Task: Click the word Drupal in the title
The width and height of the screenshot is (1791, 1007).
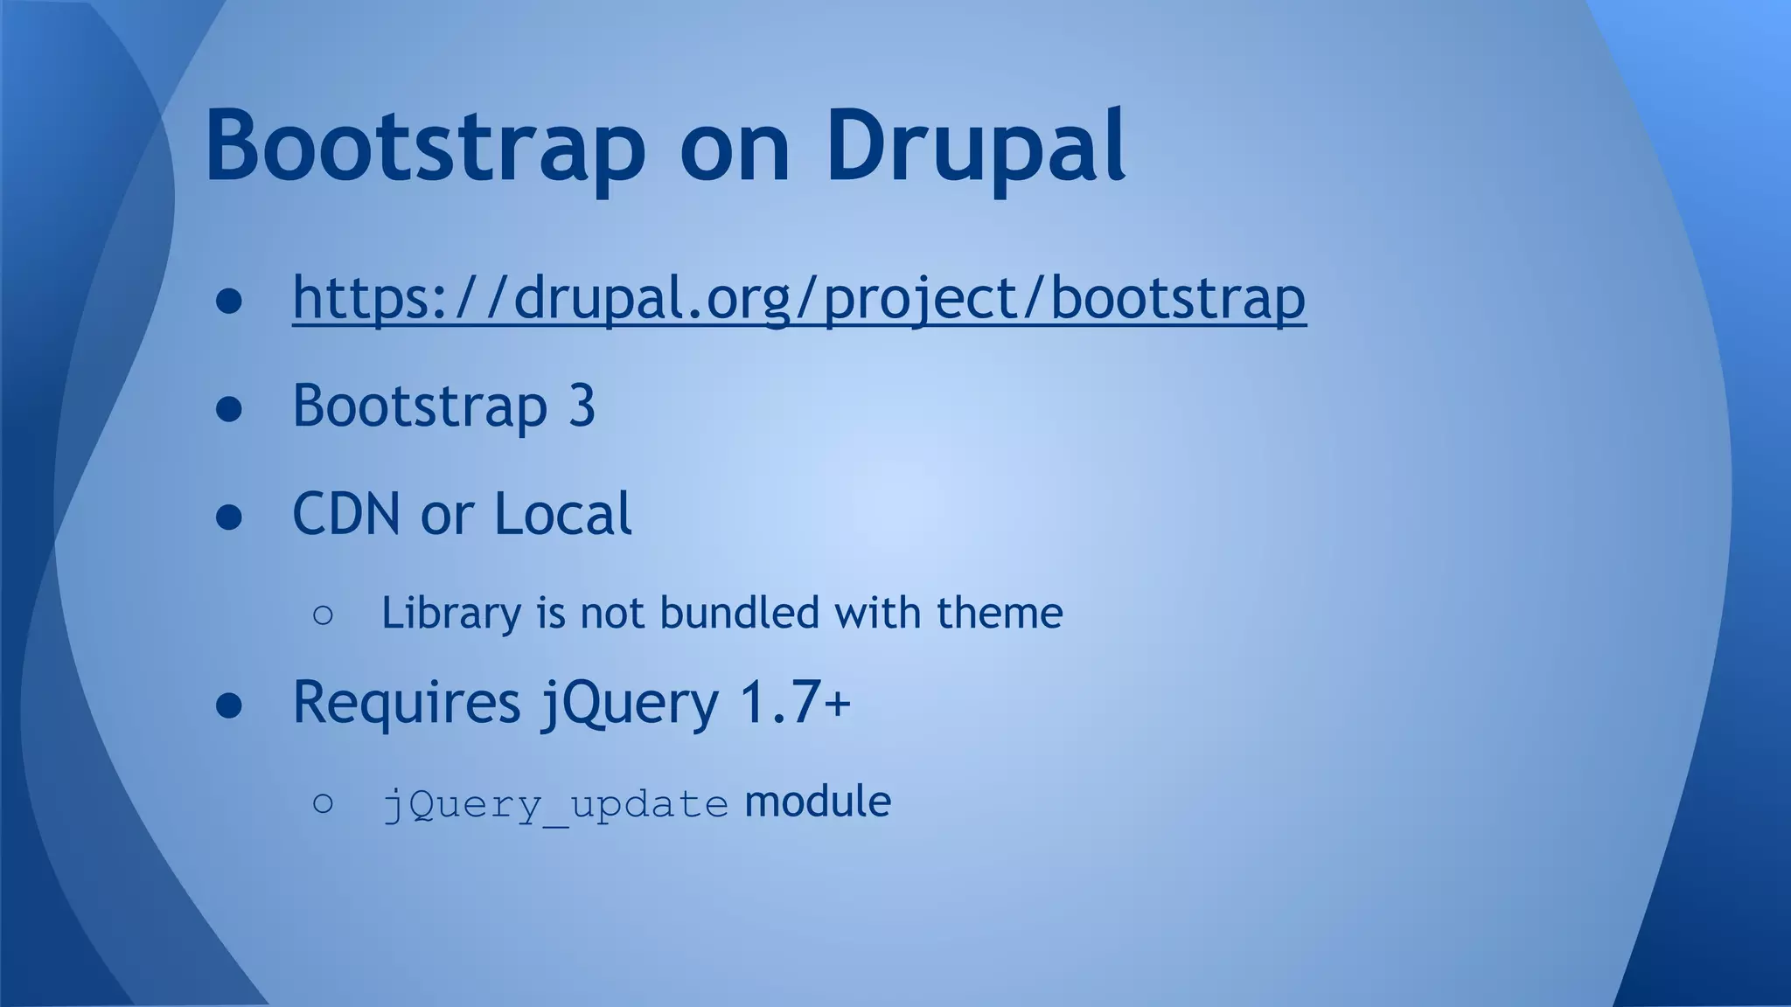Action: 975,146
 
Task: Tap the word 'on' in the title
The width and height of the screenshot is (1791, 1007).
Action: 735,150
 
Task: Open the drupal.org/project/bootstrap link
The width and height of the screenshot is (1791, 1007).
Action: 798,299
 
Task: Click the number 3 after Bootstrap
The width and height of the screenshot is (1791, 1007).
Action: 582,406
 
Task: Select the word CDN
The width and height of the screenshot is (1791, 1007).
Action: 346,514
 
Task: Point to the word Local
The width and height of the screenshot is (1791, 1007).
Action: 562,514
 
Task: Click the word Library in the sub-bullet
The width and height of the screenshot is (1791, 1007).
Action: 451,614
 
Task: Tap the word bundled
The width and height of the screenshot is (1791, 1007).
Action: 739,613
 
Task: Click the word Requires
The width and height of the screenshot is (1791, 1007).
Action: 407,702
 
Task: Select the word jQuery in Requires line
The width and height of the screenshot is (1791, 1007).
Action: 629,704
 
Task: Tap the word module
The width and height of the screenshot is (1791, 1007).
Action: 817,802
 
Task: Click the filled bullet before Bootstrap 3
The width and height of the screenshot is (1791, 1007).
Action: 229,409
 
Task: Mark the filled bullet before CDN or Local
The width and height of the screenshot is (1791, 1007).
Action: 229,517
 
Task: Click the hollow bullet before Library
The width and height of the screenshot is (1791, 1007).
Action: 323,615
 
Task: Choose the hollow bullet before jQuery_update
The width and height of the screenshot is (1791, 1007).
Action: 323,803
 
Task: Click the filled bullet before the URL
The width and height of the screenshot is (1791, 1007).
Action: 229,301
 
